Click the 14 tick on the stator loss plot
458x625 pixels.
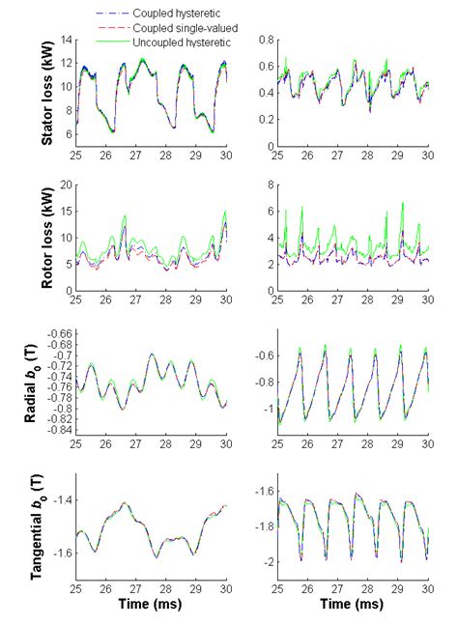tap(66, 41)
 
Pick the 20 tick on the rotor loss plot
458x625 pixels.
tap(66, 185)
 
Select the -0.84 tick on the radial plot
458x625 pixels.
tap(58, 429)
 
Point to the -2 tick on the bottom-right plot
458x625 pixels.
tap(266, 561)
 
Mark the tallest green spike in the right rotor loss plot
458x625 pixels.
tap(402, 204)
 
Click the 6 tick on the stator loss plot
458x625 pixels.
tap(69, 133)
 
